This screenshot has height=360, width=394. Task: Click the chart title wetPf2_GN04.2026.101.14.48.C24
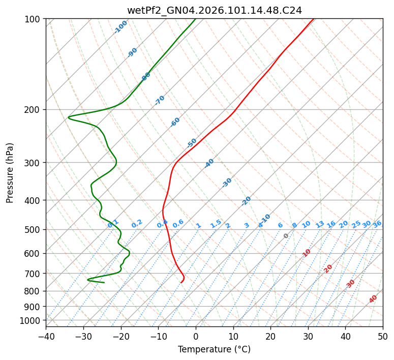pos(214,10)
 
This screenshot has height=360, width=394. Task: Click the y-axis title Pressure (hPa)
pos(10,172)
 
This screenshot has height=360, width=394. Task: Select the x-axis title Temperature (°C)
pos(214,350)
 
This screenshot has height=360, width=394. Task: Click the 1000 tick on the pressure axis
pos(32,320)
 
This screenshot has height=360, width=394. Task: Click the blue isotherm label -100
pos(120,26)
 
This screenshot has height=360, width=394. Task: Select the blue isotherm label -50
pos(192,143)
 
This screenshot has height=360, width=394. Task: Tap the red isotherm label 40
pos(373,299)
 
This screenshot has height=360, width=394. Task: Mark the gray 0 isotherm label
pos(286,236)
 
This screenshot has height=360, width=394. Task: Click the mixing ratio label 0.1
pos(113,223)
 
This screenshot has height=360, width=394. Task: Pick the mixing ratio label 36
pos(377,224)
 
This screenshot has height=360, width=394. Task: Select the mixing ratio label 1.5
pos(216,223)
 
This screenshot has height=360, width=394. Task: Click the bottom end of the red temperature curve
pos(181,282)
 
